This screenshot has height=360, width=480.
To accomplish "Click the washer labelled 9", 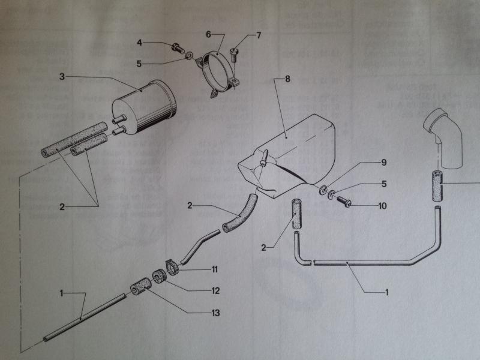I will pyautogui.click(x=325, y=191).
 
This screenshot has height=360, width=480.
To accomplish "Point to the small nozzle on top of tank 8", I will pyautogui.click(x=263, y=158).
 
